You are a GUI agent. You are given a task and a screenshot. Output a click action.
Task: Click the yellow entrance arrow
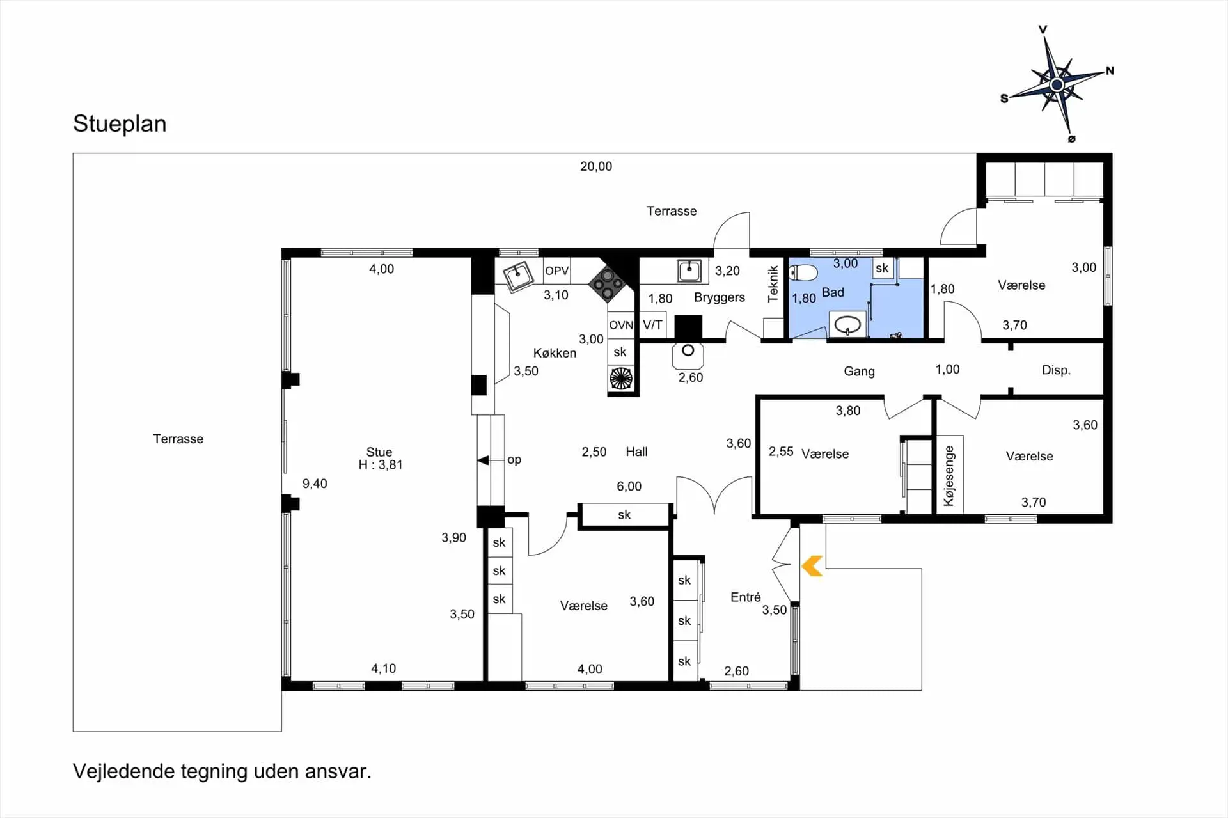pyautogui.click(x=812, y=566)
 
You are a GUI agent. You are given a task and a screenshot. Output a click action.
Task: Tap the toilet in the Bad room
pyautogui.click(x=804, y=274)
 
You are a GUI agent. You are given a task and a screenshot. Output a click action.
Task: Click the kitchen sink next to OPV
pyautogui.click(x=518, y=276)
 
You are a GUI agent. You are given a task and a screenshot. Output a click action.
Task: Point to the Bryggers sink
pyautogui.click(x=689, y=271)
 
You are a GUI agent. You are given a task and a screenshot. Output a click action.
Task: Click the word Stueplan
pyautogui.click(x=120, y=123)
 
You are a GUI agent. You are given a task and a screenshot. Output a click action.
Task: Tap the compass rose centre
pyautogui.click(x=1057, y=84)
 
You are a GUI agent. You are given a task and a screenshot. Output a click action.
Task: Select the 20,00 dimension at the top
pyautogui.click(x=596, y=166)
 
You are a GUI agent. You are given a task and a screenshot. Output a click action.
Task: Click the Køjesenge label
pyautogui.click(x=949, y=476)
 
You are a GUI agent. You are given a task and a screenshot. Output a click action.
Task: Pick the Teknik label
pyautogui.click(x=773, y=283)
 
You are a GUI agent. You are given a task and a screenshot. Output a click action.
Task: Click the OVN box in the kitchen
pyautogui.click(x=621, y=325)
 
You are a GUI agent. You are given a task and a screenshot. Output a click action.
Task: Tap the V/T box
pyautogui.click(x=652, y=325)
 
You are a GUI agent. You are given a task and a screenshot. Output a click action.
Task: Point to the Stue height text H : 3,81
pyautogui.click(x=381, y=465)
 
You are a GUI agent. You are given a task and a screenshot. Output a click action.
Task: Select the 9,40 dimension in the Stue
pyautogui.click(x=315, y=484)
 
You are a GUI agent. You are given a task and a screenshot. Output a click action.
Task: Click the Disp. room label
pyautogui.click(x=1056, y=370)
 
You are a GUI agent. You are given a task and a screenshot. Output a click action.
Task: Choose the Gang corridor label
pyautogui.click(x=859, y=372)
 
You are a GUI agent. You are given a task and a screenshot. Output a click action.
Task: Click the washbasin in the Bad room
pyautogui.click(x=848, y=324)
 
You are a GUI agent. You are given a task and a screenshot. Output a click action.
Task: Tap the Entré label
pyautogui.click(x=746, y=597)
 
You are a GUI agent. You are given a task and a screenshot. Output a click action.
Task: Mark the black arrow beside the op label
pyautogui.click(x=484, y=460)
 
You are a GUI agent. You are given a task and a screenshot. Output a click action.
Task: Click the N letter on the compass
pyautogui.click(x=1110, y=70)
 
